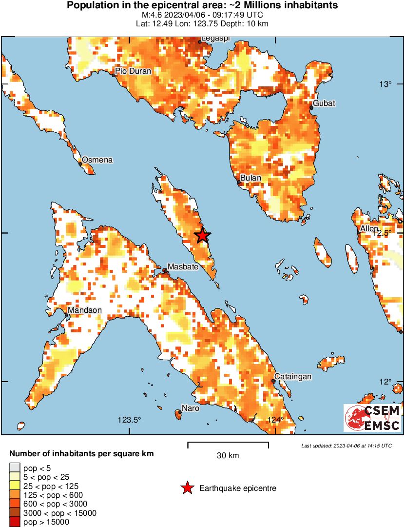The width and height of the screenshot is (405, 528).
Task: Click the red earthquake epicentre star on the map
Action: pos(202,236)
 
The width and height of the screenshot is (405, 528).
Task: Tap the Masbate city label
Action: pos(183,267)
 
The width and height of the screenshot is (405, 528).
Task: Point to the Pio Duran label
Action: pos(133,71)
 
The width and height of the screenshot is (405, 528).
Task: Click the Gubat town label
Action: pos(324,103)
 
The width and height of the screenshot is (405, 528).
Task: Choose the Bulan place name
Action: pos(251,178)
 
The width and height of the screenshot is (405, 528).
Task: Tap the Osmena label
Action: pos(97,160)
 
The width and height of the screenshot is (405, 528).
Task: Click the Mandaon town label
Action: pos(84,310)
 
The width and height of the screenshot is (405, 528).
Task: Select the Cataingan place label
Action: pos(292,377)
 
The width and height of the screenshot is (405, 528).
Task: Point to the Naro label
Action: pos(190,408)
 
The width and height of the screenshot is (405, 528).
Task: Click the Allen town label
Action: pos(368,229)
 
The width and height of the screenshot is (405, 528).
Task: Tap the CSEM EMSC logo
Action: pos(372,418)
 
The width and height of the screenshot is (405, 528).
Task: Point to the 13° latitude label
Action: pos(386,84)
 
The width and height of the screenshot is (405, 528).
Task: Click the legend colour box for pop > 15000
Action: pos(15,522)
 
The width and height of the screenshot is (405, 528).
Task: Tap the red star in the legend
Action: pos(187,488)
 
